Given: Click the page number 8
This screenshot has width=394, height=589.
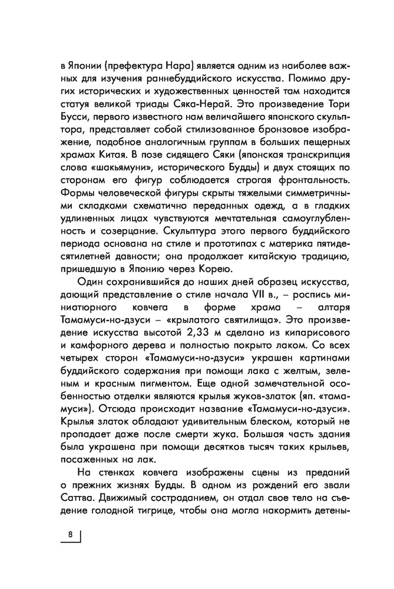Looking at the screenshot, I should (x=70, y=535).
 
